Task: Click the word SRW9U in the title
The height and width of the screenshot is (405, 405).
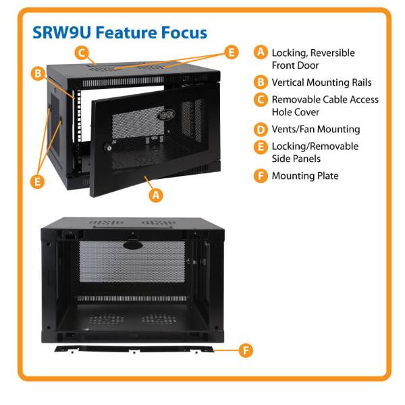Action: [x=62, y=32]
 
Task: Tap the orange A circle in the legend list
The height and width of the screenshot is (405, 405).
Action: [x=261, y=52]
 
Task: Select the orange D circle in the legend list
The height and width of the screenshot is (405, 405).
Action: [x=261, y=130]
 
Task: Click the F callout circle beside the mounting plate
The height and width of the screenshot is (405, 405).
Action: [x=246, y=350]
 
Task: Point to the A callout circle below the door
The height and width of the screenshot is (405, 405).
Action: [x=156, y=195]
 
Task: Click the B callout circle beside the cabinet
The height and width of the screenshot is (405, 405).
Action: [x=38, y=74]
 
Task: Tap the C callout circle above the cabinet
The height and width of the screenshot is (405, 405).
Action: [x=82, y=53]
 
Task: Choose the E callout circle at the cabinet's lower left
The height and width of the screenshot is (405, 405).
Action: [x=37, y=182]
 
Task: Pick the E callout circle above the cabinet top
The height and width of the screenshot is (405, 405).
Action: [x=231, y=52]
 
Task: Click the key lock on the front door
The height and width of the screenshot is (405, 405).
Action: [x=108, y=147]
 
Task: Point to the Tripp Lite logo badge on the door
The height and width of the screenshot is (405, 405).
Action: [x=166, y=115]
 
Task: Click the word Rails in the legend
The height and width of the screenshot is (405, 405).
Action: [x=362, y=82]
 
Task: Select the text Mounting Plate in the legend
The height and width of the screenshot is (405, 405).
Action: [x=305, y=176]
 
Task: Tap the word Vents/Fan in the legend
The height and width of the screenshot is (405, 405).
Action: [x=293, y=129]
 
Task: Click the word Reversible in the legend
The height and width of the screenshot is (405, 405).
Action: [x=333, y=53]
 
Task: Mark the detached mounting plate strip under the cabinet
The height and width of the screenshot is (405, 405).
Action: [x=134, y=349]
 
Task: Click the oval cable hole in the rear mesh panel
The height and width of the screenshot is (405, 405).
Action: [x=132, y=245]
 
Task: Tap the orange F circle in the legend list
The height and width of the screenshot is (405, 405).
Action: [x=261, y=176]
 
